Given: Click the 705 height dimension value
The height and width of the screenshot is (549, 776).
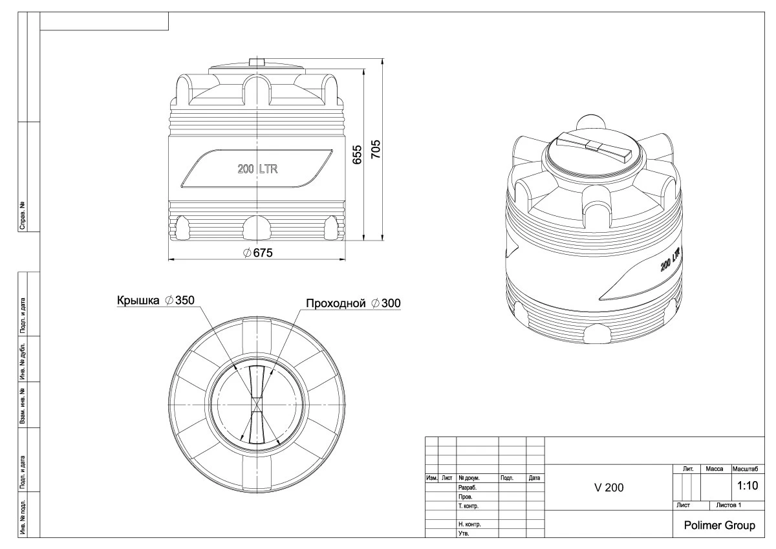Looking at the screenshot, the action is click(x=376, y=149).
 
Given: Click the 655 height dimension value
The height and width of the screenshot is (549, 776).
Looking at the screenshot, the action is click(x=357, y=155).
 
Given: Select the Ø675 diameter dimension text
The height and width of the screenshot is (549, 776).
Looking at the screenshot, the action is click(x=258, y=253).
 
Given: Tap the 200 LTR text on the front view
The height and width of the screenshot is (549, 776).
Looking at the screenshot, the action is click(x=257, y=169).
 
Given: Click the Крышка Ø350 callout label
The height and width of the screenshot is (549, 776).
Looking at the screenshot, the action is click(x=156, y=300).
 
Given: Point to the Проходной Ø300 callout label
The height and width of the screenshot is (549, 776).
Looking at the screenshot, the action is click(x=353, y=303).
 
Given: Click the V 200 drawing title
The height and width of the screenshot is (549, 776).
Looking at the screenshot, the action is click(x=609, y=488).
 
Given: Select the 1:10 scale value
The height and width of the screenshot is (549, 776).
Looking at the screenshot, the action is click(x=748, y=486).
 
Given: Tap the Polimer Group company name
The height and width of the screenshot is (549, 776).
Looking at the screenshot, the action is click(x=719, y=526).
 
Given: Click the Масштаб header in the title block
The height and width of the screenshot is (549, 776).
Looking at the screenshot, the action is click(x=745, y=469).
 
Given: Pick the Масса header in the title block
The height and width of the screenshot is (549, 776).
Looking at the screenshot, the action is click(x=715, y=469).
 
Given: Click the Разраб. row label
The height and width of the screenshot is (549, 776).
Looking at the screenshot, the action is click(x=468, y=488).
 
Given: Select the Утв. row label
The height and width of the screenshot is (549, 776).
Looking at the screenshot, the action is click(x=464, y=533).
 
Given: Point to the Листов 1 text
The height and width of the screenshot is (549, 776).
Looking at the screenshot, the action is click(x=729, y=506).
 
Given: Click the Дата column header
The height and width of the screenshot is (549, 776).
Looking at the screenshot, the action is click(x=535, y=478).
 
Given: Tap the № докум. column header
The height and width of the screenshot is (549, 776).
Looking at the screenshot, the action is click(x=469, y=478).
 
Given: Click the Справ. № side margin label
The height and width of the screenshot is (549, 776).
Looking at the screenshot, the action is click(x=23, y=215).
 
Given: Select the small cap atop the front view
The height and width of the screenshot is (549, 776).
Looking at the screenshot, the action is click(x=257, y=62).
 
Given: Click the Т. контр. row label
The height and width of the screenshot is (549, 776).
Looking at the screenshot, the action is click(x=468, y=506).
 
